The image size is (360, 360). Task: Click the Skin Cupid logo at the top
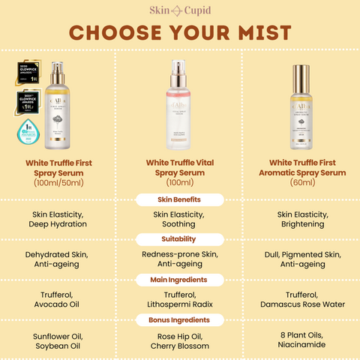(180, 9)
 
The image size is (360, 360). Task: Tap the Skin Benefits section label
(180, 199)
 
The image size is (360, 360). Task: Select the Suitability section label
(180, 239)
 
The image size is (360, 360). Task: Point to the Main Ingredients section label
(180, 280)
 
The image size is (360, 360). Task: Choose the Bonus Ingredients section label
(180, 320)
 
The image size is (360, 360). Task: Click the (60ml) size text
(300, 182)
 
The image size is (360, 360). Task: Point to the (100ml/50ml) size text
(59, 182)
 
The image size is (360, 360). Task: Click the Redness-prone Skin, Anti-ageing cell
(180, 259)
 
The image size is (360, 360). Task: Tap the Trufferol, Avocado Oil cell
(59, 300)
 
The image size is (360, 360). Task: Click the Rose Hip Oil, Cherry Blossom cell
(180, 340)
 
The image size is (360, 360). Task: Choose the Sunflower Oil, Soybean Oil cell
(59, 340)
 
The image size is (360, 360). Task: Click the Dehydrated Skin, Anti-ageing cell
(59, 259)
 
